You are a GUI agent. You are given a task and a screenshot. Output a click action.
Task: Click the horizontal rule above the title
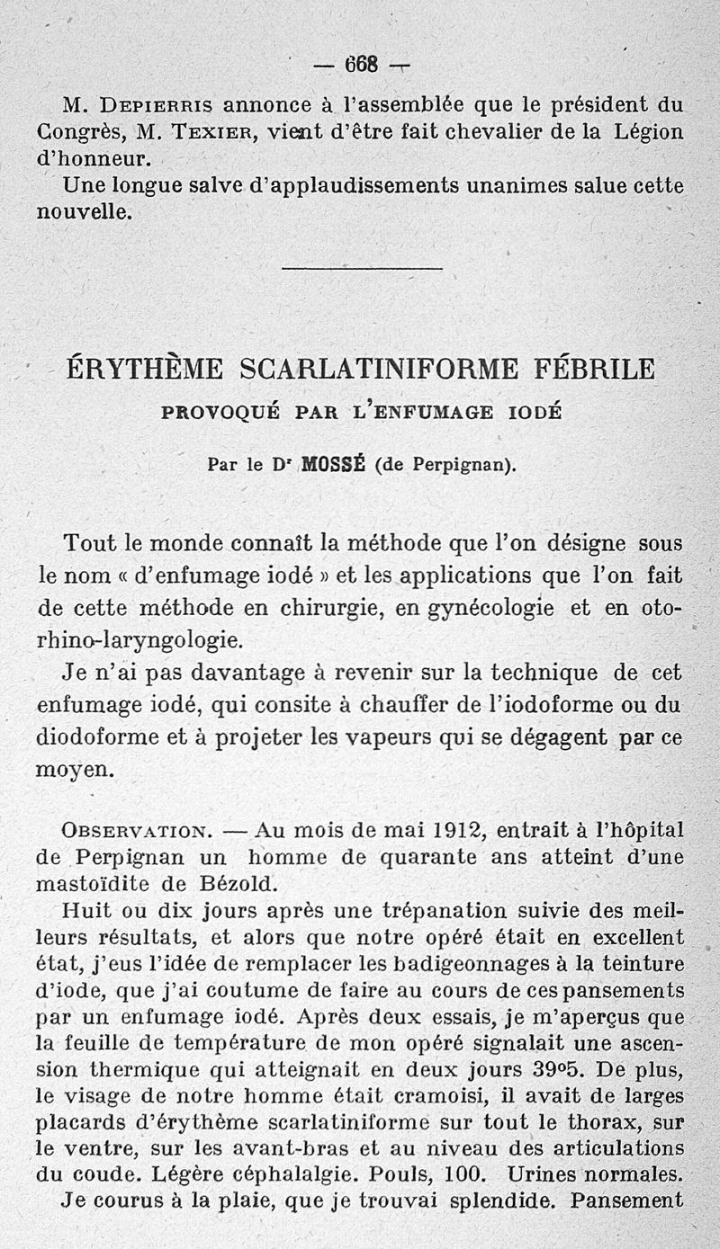[362, 268]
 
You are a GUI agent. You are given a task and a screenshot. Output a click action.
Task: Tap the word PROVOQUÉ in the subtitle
[216, 413]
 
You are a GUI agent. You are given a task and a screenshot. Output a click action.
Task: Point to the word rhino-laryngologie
[139, 640]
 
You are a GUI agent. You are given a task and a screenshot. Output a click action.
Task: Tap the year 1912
[454, 829]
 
